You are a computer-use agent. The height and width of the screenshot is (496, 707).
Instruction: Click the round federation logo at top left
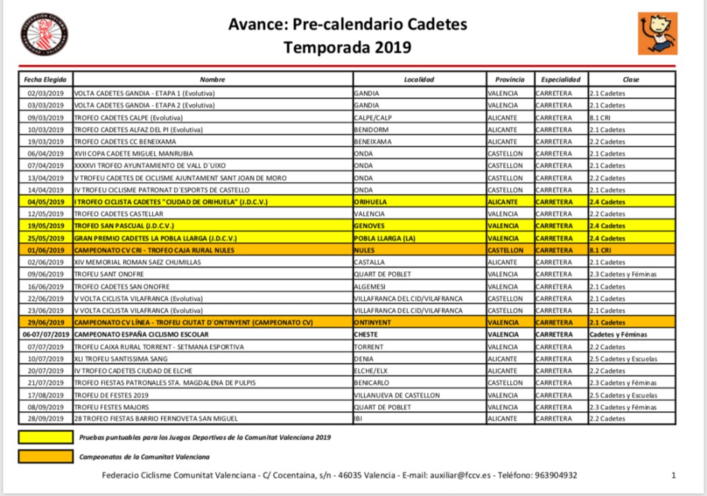(x=45, y=34)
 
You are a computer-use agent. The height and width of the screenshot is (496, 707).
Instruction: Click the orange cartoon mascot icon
(x=657, y=33)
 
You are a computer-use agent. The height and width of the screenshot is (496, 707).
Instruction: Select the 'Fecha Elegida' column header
(x=45, y=79)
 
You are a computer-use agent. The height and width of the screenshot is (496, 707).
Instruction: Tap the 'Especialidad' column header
(x=560, y=79)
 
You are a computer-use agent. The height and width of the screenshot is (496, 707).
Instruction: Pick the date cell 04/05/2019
(x=45, y=202)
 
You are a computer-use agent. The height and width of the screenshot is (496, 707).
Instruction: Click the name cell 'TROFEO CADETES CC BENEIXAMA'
(x=125, y=141)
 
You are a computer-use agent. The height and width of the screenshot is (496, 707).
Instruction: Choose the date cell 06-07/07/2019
(x=45, y=335)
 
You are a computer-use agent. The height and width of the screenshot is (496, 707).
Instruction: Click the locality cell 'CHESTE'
(x=366, y=335)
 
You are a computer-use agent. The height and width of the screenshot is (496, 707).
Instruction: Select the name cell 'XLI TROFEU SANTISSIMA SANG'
(x=121, y=359)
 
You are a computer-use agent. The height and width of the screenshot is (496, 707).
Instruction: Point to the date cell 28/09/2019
(x=45, y=419)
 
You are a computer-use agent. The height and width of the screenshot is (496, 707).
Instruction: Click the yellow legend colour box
(x=45, y=437)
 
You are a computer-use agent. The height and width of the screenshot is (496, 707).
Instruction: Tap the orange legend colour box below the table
(x=45, y=456)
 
